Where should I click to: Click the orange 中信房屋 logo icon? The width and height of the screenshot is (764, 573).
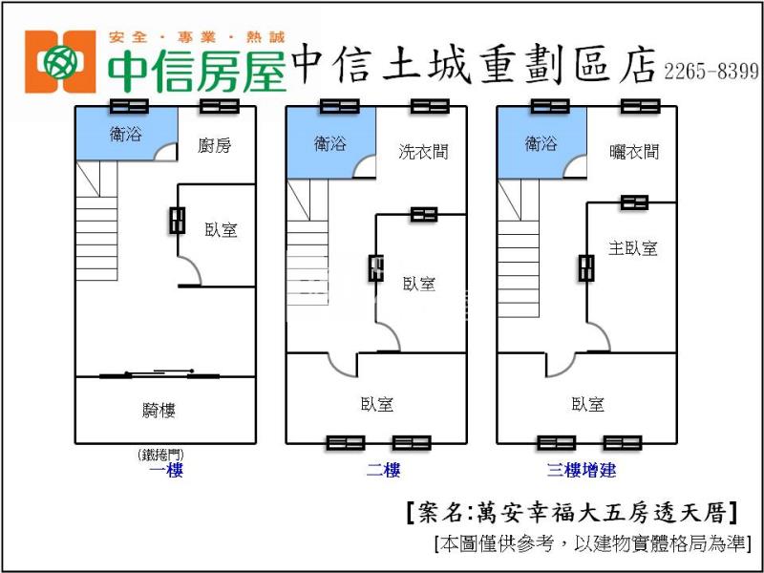tap(60, 62)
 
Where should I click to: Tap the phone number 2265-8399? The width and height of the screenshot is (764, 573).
tap(711, 72)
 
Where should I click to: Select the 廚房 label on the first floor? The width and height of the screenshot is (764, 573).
tap(215, 145)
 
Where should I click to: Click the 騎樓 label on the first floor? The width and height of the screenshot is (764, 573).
tap(159, 411)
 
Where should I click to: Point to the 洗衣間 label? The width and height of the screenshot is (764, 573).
tap(423, 151)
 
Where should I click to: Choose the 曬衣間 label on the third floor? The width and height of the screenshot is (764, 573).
tap(634, 151)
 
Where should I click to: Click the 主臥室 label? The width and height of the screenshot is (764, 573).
tap(633, 248)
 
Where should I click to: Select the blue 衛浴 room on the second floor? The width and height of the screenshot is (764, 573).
tap(329, 143)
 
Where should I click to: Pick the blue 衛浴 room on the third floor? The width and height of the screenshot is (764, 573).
tap(541, 143)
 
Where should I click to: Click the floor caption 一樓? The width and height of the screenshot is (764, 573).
tap(166, 470)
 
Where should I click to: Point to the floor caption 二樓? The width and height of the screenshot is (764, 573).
tap(383, 470)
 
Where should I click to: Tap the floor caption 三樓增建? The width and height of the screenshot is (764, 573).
tap(581, 470)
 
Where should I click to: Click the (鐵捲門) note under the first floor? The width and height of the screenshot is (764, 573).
tap(159, 455)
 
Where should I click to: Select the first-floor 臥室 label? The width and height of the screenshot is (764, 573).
tap(221, 229)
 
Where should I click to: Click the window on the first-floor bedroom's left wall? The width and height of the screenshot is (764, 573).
tap(177, 220)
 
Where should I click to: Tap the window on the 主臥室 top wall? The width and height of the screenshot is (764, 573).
tap(634, 202)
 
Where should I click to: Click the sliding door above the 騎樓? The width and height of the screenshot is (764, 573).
tap(159, 374)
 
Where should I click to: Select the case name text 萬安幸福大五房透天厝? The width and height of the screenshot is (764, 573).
tap(573, 513)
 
